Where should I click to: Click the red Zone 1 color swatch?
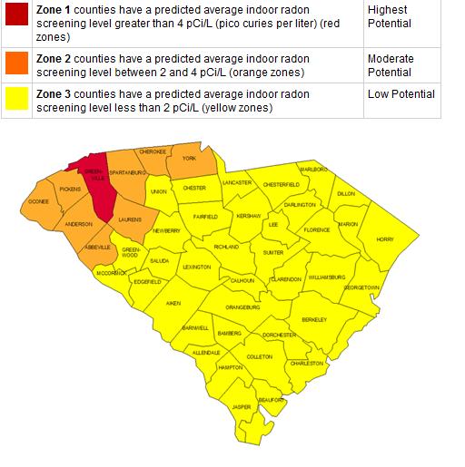17,12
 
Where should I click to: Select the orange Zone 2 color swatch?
17,62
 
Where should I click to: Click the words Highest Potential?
391,15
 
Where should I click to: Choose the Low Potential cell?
401,94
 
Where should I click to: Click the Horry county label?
386,238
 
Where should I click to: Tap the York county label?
189,159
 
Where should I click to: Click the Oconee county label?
38,200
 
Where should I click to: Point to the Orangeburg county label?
242,307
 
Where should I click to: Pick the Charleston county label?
307,363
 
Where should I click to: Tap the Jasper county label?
242,407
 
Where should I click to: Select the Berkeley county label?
314,319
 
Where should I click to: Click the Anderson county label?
79,224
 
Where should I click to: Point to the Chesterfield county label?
281,184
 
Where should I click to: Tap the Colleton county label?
260,356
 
